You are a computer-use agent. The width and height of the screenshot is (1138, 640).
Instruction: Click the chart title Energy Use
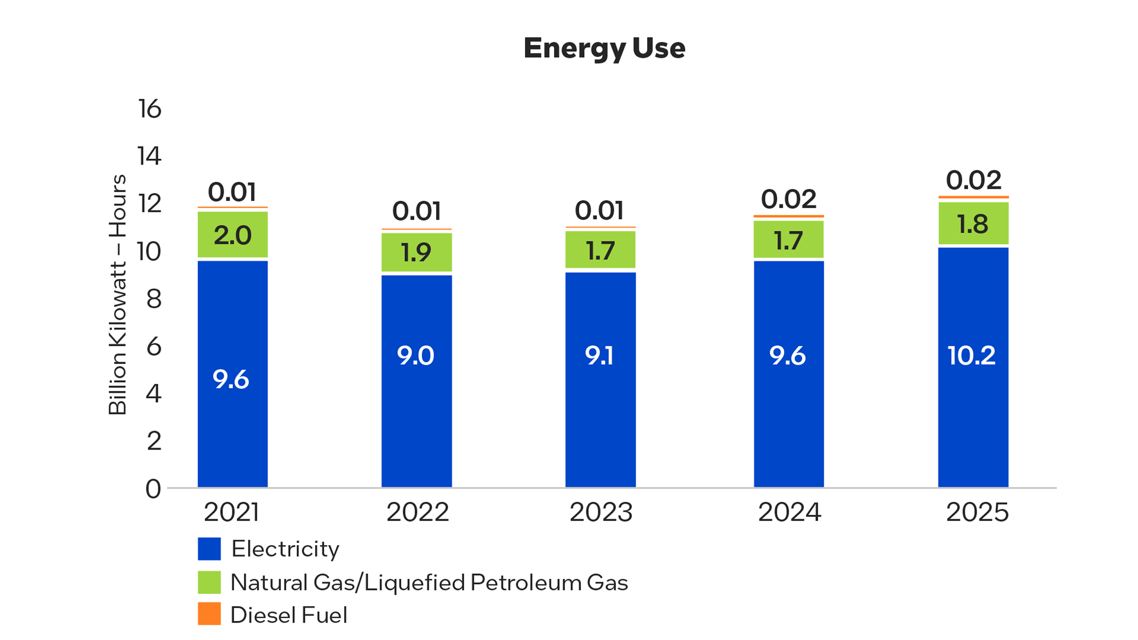click(604, 49)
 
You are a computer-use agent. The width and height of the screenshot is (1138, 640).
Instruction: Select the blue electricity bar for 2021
click(233, 373)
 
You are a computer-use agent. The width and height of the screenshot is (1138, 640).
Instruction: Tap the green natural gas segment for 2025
click(973, 223)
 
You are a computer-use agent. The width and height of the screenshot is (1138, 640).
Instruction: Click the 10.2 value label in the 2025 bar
click(971, 355)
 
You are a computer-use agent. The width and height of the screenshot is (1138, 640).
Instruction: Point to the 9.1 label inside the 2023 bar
click(599, 356)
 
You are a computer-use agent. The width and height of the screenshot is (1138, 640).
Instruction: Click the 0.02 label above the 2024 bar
click(788, 199)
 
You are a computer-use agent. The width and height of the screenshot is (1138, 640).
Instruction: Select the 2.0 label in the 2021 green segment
click(232, 235)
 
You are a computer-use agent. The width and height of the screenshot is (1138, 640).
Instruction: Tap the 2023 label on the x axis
click(601, 512)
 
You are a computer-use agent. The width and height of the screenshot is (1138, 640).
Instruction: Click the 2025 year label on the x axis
click(977, 512)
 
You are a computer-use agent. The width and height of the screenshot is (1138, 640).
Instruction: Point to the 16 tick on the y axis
click(149, 109)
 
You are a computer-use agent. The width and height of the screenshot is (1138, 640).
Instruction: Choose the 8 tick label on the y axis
click(154, 299)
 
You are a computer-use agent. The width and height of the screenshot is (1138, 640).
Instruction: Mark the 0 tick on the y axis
click(153, 489)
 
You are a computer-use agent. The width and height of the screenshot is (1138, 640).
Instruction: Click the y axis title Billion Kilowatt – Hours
click(117, 295)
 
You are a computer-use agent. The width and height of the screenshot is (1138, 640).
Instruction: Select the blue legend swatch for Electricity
click(209, 549)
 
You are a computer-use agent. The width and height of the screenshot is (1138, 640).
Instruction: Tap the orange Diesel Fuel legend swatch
click(209, 614)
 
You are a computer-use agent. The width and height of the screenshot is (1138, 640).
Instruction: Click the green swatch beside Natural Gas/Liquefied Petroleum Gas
click(209, 582)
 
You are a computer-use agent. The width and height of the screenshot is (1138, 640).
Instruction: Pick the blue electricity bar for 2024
click(789, 374)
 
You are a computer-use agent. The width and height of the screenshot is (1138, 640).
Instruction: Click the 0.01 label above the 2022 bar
click(416, 211)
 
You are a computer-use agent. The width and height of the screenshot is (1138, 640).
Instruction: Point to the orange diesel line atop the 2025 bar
click(973, 197)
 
